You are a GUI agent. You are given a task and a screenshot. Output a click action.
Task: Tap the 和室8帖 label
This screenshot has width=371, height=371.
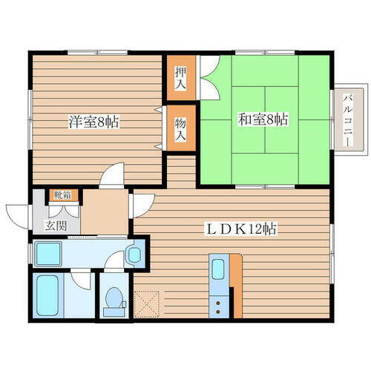[263, 118]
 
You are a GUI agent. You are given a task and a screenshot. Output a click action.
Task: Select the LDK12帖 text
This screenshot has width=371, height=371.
[242, 229]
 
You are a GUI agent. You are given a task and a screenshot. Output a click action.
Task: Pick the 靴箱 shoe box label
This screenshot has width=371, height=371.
[61, 197]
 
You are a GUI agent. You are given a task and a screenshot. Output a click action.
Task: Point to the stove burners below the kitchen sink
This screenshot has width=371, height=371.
[220, 303]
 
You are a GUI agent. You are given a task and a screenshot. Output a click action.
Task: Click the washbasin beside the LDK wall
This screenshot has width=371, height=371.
[135, 255]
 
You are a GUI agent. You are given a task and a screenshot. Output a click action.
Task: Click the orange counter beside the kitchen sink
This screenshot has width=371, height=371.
[237, 282]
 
